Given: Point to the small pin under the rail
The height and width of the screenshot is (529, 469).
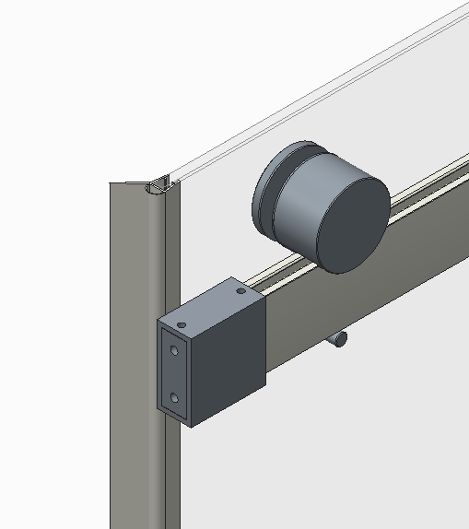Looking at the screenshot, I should (x=338, y=340).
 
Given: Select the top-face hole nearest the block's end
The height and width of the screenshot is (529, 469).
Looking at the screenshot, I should (x=182, y=324).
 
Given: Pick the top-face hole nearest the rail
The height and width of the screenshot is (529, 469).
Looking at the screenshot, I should (x=241, y=291).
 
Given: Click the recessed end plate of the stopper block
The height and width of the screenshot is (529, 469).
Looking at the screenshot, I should (x=175, y=374).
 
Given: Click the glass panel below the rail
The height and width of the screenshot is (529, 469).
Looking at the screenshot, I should (x=350, y=433).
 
